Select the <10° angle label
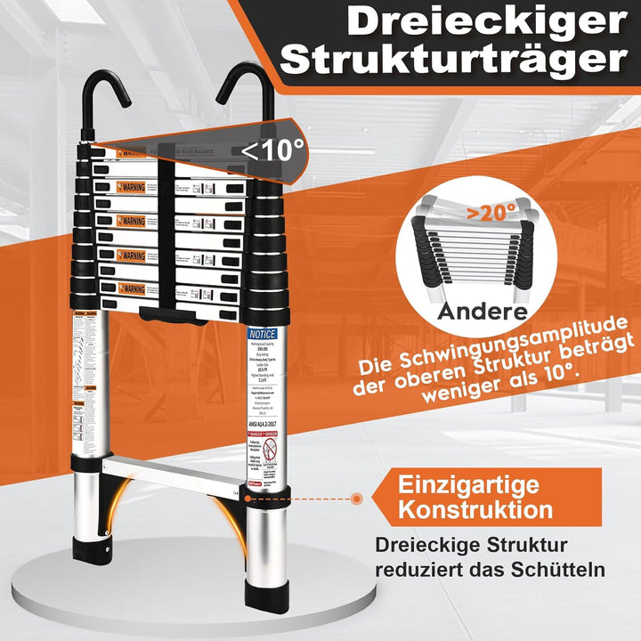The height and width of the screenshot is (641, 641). click(272, 150)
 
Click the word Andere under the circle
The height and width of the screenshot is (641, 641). click(481, 312)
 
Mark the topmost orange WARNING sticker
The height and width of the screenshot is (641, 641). click(130, 188)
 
